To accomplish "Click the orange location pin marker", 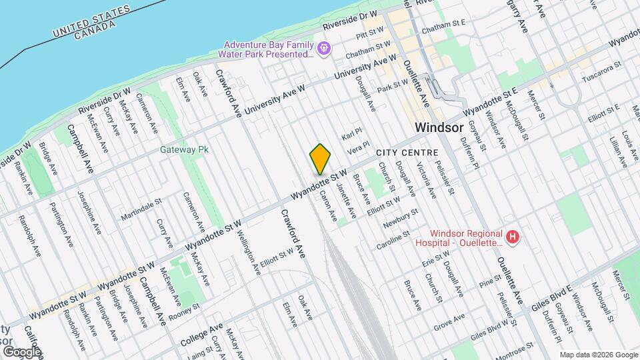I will coord(320,159).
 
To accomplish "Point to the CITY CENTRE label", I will coord(407,153).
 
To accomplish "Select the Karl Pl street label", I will coord(351,135).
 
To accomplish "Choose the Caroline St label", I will coord(393,237).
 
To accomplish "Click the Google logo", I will coord(22,351).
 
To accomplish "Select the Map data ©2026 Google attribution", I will coord(598,355).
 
